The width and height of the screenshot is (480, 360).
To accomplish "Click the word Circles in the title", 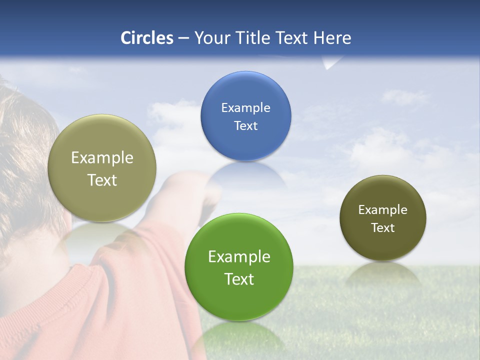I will click(146, 38).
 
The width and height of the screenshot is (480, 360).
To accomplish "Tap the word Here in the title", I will click(332, 38).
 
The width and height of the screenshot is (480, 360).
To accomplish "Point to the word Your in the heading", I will click(209, 38).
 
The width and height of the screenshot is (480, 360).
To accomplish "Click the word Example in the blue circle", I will click(245, 108).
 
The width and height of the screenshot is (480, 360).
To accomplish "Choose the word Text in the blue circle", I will click(245, 126).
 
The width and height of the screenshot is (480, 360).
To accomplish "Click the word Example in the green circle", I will click(239, 257).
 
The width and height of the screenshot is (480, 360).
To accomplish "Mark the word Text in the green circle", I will click(239, 279).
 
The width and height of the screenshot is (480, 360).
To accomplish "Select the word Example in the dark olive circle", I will click(382, 210).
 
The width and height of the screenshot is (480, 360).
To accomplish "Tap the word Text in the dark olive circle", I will click(382, 228).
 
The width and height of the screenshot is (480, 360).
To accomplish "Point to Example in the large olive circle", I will click(102, 158).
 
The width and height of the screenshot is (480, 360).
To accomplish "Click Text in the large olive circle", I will click(102, 180).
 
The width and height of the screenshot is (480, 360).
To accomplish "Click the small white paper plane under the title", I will click(331, 63).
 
